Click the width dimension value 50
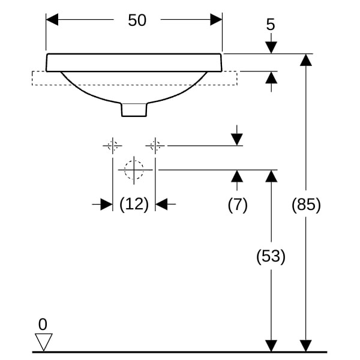(137, 20)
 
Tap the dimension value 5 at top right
(271, 25)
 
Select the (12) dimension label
(134, 204)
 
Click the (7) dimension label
(238, 205)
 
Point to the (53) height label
(271, 257)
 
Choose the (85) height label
(307, 205)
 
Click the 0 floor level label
(43, 325)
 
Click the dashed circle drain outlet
(134, 170)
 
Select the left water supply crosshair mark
(112, 145)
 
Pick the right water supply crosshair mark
(155, 145)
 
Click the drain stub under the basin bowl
(134, 109)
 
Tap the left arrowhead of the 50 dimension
(53, 20)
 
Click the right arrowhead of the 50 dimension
(215, 20)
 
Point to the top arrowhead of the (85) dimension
(307, 59)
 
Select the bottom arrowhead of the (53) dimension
(271, 345)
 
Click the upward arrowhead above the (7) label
(237, 176)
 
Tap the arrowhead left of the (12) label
(106, 205)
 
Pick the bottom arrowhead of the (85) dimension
(307, 345)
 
